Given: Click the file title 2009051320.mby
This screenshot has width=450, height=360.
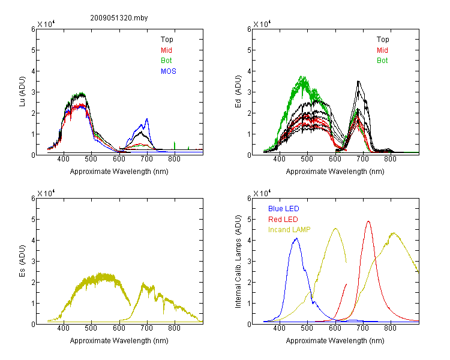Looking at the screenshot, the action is click(119, 18).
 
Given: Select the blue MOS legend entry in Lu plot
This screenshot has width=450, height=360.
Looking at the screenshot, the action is click(169, 71).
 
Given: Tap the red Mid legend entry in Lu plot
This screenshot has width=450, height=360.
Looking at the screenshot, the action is click(166, 50).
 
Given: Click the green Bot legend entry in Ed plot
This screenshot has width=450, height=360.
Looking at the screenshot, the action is click(382, 61).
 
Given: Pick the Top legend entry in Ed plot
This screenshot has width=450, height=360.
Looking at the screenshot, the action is click(383, 40).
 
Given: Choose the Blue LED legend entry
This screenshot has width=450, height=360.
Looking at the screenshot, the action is click(284, 209).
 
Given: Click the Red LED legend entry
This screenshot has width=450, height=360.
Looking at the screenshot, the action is click(283, 220).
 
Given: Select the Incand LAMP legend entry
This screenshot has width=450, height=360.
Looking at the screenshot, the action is click(289, 230).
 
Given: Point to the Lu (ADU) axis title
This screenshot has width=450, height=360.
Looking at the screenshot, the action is click(22, 92).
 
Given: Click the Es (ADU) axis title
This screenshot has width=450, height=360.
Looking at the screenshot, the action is click(22, 261).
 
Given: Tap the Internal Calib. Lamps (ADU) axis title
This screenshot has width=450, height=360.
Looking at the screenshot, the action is click(238, 262).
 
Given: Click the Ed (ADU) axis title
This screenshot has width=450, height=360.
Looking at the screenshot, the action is click(238, 92).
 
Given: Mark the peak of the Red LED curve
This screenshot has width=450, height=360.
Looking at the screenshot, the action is click(368, 221).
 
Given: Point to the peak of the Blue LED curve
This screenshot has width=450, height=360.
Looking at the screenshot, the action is click(297, 238).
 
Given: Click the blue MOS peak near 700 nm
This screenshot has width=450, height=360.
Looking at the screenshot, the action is click(147, 119).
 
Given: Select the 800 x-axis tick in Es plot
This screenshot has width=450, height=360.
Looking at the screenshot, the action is click(174, 328).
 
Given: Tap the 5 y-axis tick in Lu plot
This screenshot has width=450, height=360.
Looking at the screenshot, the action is click(33, 50).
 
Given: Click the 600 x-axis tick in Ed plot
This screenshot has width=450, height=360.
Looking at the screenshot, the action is click(335, 159).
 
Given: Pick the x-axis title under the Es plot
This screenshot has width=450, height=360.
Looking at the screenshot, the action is click(119, 341).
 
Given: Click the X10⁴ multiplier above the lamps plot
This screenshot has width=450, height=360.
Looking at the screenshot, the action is click(262, 193).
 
